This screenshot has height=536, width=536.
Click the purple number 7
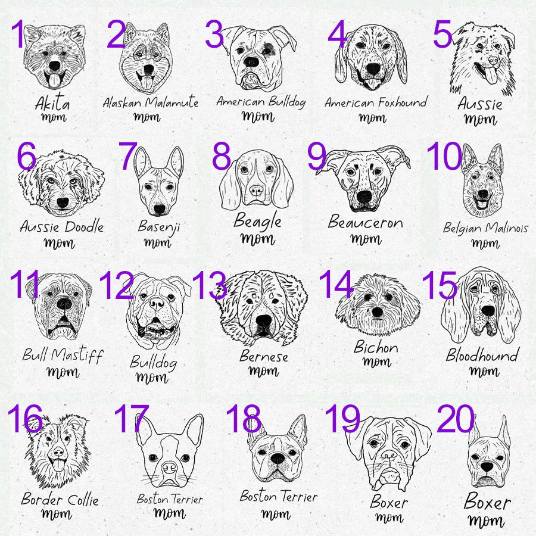(128, 156)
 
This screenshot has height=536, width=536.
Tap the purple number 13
(209, 285)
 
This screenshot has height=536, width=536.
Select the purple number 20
(456, 419)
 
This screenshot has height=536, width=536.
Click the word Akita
(52, 102)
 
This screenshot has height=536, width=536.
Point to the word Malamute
(172, 101)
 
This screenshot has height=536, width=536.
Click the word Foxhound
(403, 102)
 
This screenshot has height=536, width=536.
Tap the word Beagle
(257, 221)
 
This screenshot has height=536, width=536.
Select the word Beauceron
(366, 222)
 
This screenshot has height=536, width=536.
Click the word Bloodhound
(482, 355)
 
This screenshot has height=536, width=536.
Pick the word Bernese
(264, 356)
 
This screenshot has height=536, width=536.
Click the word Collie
(83, 500)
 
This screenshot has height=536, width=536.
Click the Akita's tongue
(54, 80)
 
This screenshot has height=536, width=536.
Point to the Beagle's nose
(256, 191)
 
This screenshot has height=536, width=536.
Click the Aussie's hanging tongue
(489, 75)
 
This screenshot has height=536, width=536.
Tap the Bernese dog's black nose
(264, 320)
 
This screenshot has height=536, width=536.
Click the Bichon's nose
(378, 311)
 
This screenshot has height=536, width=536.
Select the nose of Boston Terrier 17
(169, 468)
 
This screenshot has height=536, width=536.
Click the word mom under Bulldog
(152, 377)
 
